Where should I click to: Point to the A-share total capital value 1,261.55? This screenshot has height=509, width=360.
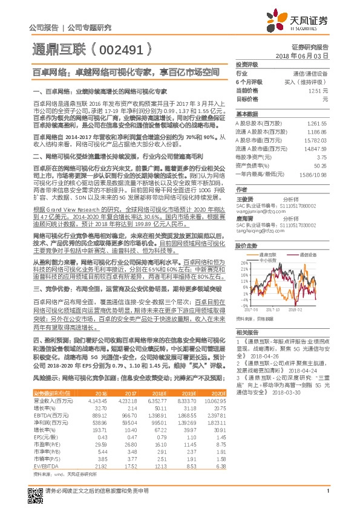pos(317,122)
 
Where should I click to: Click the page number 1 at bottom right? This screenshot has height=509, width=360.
pos(327,497)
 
